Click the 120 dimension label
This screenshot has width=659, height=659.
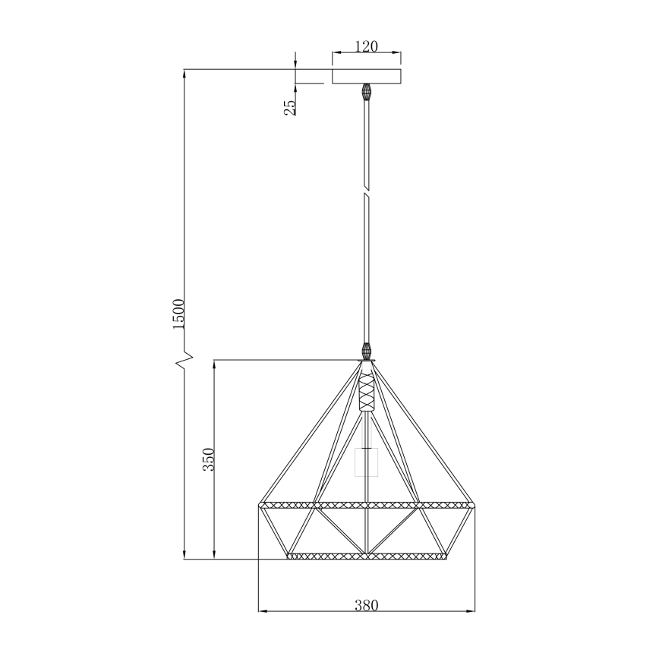(367, 47)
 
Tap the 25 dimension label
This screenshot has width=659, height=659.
(290, 107)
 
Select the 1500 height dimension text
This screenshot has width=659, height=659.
(178, 314)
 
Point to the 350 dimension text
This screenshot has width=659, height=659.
(209, 459)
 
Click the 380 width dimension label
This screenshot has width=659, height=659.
(366, 604)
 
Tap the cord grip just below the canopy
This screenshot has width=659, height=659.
(367, 92)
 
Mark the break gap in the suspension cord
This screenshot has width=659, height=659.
(367, 191)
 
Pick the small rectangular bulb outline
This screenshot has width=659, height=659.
(367, 462)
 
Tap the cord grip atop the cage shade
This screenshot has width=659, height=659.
(367, 352)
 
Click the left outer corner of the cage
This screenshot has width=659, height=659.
(260, 504)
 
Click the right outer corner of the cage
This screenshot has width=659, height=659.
(473, 504)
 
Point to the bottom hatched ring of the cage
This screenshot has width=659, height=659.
(367, 557)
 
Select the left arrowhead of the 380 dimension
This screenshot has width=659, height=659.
(263, 610)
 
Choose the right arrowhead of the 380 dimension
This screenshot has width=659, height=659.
(471, 610)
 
